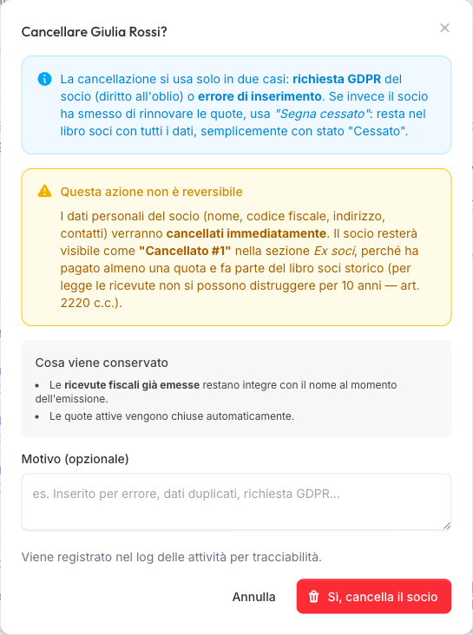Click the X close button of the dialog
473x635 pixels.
[x=444, y=28]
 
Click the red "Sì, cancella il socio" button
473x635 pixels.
[x=373, y=597]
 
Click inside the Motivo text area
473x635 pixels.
[x=236, y=501]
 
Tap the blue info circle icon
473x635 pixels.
[x=45, y=79]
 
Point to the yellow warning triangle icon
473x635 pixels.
[x=45, y=191]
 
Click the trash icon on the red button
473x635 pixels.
[x=313, y=597]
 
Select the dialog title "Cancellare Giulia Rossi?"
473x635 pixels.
[x=94, y=32]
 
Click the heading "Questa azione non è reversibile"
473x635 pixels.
[x=151, y=191]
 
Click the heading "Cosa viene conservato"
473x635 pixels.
[x=102, y=362]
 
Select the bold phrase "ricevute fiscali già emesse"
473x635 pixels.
[x=133, y=384]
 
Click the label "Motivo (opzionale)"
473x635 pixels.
[x=75, y=458]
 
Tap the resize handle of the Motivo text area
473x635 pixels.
[x=446, y=524]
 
